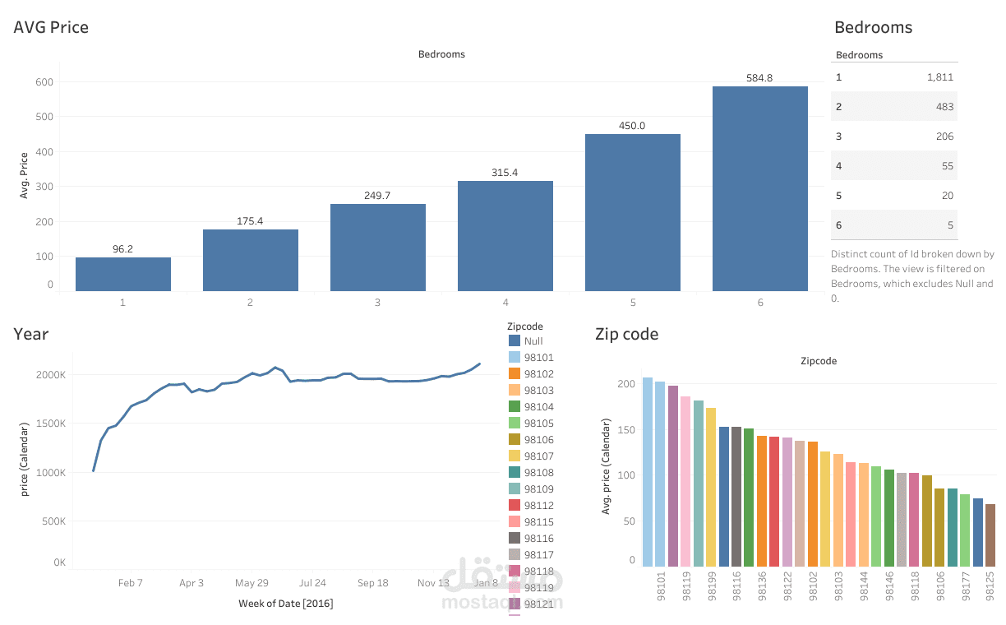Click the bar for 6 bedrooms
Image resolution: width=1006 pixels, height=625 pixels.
coord(759,189)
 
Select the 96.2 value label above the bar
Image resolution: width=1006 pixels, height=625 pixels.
coord(122,248)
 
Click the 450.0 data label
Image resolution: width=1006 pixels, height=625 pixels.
coord(632,126)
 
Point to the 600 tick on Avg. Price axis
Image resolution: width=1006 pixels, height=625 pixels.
coord(44,82)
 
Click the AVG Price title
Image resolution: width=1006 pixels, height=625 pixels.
coord(51,27)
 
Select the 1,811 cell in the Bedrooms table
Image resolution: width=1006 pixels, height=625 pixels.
coord(939,77)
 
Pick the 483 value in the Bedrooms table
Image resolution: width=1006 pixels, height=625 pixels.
coord(944,107)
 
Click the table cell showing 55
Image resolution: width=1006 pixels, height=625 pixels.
coord(947,166)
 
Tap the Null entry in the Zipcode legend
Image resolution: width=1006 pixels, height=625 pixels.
coord(533,341)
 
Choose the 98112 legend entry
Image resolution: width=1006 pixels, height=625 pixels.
coord(538,506)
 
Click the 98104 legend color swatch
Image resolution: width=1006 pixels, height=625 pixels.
coord(515,407)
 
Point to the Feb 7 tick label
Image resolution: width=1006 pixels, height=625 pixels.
coord(130,583)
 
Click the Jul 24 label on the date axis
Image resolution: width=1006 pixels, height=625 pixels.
coord(312,583)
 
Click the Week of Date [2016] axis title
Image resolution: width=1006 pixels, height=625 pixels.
coord(285,604)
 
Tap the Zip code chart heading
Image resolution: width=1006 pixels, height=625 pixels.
coord(626,334)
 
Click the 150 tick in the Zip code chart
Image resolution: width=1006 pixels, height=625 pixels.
coord(627,430)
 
